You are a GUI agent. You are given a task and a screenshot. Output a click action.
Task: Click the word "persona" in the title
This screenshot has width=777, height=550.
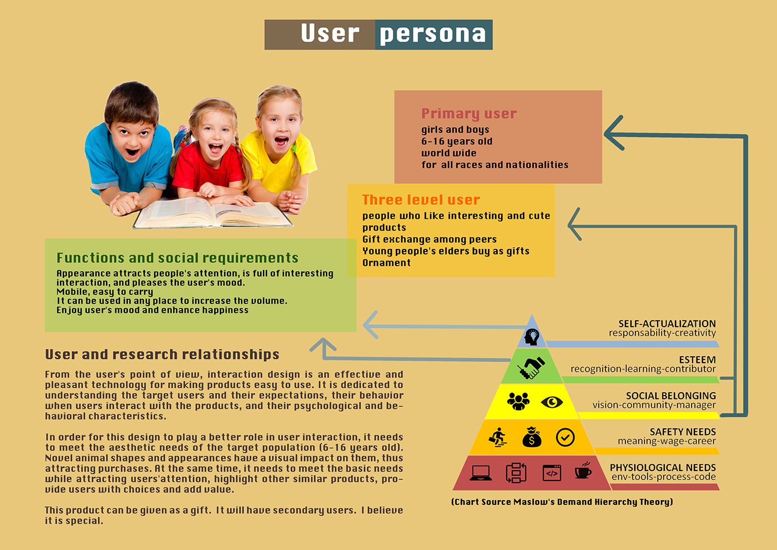[433, 34]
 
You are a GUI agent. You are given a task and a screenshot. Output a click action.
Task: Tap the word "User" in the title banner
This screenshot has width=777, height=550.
[330, 34]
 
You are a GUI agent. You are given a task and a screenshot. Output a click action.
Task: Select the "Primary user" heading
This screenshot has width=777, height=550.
[469, 113]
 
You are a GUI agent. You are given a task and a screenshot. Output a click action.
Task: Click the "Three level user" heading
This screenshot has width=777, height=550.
[421, 200]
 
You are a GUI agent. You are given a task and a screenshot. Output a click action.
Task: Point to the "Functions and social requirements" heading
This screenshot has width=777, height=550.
[178, 258]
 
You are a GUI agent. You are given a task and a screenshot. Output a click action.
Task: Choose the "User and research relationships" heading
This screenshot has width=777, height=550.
[162, 354]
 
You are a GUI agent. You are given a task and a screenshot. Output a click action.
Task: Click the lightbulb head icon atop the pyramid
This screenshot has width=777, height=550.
[532, 336]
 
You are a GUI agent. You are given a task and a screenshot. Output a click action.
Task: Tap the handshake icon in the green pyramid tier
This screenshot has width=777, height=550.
[531, 367]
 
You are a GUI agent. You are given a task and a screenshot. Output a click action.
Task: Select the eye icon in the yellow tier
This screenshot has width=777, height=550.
[552, 402]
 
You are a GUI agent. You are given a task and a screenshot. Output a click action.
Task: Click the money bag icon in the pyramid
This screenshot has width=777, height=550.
[532, 437]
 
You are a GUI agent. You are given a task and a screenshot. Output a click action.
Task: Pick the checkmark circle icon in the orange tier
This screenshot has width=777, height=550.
[565, 437]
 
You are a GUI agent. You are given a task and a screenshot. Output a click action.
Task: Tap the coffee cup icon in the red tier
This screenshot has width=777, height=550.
[583, 471]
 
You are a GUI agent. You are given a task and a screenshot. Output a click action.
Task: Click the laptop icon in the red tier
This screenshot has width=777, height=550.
[481, 473]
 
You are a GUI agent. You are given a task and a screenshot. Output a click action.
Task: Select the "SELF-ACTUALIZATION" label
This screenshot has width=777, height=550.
[667, 323]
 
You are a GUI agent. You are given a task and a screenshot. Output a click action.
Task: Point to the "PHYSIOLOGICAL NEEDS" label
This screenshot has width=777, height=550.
[663, 468]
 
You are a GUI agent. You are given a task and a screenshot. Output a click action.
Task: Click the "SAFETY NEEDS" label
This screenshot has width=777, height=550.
[683, 432]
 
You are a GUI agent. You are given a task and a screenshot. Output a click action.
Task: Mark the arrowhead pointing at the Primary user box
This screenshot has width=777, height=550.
[613, 133]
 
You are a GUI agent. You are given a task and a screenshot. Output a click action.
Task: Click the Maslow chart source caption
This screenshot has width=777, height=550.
[562, 502]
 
